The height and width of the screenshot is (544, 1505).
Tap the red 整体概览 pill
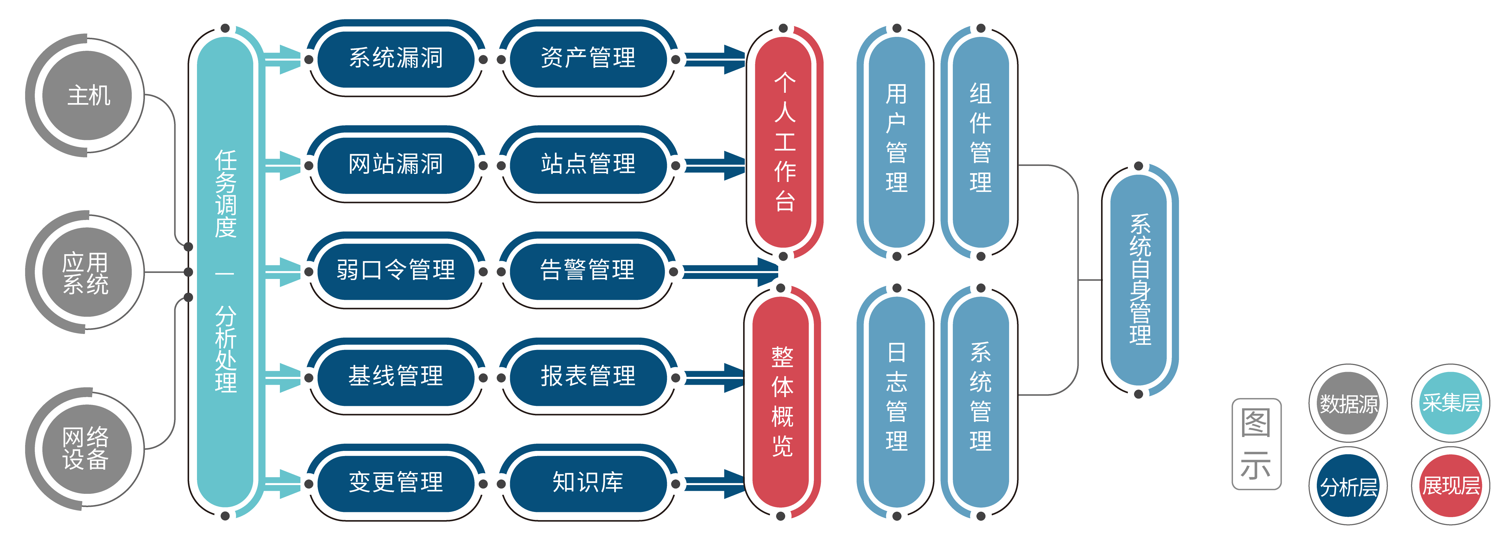[782, 402]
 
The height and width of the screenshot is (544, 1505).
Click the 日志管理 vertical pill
[896, 402]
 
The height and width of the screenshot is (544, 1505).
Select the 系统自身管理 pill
[1139, 280]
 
